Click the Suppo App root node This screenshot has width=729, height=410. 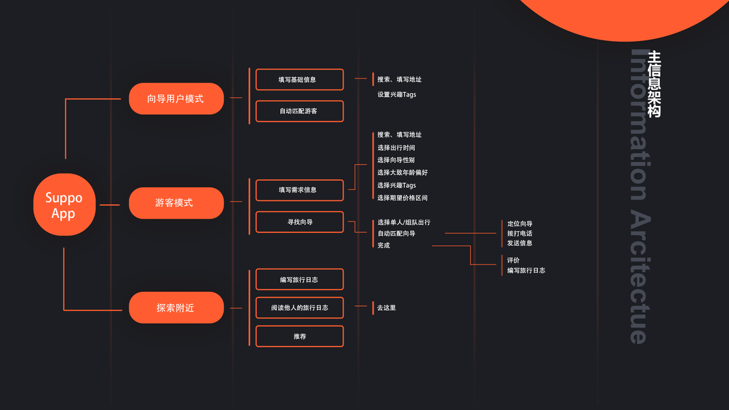tap(64, 205)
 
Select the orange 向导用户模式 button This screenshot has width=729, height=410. tap(176, 98)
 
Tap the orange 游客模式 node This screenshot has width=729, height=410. tap(176, 203)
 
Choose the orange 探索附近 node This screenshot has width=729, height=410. tap(176, 307)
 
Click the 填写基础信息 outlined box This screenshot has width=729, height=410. tap(299, 79)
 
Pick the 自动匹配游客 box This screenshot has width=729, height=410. tap(299, 111)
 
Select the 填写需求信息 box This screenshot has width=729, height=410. tap(299, 190)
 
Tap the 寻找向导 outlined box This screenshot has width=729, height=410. tap(299, 222)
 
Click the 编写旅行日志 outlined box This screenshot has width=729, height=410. tap(299, 279)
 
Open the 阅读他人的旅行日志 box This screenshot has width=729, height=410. tap(299, 307)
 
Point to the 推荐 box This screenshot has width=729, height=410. tap(299, 336)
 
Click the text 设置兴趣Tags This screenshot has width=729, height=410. tap(396, 94)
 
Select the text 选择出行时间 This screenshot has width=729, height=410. tap(396, 148)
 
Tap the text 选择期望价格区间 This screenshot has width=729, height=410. tap(402, 198)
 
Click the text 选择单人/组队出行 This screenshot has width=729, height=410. tap(404, 223)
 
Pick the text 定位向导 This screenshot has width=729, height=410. tap(520, 223)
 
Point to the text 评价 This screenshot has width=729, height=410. tap(513, 260)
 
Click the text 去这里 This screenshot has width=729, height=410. tap(387, 307)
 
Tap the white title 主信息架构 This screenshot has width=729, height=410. tap(654, 84)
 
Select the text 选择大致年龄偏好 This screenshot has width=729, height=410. tap(402, 173)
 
